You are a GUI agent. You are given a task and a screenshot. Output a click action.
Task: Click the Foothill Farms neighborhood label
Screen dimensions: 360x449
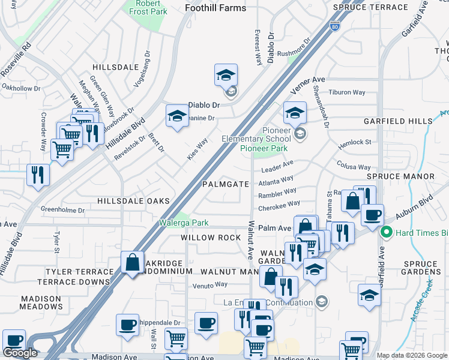(x=215, y=8)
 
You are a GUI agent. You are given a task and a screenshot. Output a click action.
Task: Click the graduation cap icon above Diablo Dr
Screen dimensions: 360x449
(x=226, y=76)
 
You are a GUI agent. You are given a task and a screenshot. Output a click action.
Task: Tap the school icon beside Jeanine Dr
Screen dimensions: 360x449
(x=177, y=116)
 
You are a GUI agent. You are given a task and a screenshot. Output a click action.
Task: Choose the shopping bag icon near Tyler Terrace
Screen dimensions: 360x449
(x=131, y=262)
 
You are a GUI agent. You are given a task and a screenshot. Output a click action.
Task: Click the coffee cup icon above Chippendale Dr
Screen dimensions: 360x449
(x=127, y=325)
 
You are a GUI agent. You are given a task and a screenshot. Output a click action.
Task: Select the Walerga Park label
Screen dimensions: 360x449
(x=184, y=223)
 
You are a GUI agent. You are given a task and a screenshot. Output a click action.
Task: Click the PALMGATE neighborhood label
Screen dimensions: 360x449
(x=225, y=184)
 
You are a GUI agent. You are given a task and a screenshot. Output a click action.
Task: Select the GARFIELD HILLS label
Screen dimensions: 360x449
(x=397, y=121)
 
